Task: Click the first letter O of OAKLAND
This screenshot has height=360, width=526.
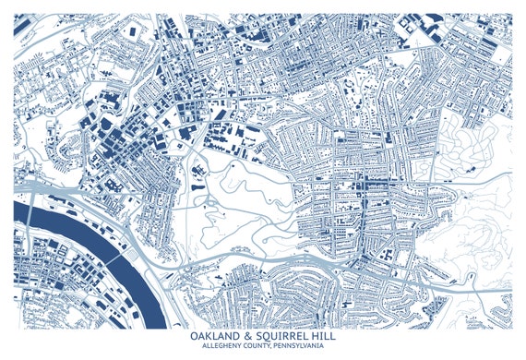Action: click(190, 337)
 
